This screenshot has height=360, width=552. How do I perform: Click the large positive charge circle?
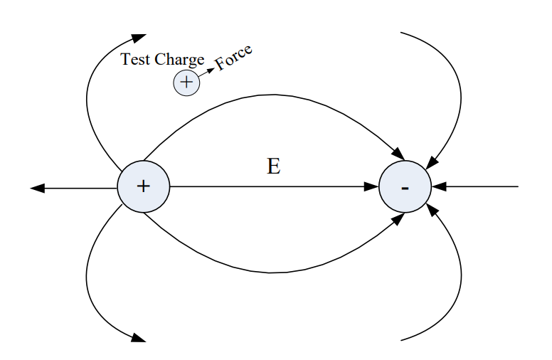[144, 186]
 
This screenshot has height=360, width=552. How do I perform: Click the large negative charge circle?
[405, 187]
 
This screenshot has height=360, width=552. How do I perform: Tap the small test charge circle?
[186, 83]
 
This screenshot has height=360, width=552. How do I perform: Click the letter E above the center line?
[274, 166]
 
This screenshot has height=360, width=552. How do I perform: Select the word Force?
[234, 58]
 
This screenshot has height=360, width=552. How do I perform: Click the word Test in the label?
[135, 60]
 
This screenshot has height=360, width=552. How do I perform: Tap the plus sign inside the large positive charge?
[144, 186]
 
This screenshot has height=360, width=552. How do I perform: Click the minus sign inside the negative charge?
[405, 188]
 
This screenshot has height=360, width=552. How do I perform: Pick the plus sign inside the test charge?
[186, 83]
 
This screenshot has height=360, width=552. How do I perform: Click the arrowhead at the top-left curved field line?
[139, 36]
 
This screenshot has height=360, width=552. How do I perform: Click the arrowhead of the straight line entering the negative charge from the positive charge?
[371, 187]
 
